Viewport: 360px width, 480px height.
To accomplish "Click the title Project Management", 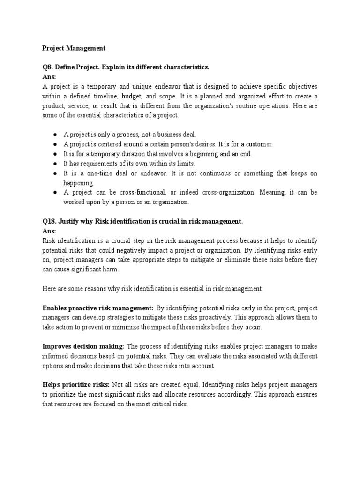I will click(x=74, y=48).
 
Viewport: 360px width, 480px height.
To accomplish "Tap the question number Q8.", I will click(x=49, y=67).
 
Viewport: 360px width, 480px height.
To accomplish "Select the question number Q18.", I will click(x=50, y=221).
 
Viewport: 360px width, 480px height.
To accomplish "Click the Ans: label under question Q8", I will click(x=49, y=77).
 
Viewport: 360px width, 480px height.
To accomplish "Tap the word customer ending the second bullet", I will click(x=259, y=144).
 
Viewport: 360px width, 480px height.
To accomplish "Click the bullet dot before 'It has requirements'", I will click(x=55, y=164).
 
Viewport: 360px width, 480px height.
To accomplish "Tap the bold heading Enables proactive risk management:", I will click(x=98, y=308).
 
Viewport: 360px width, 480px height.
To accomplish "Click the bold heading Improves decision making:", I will click(x=83, y=346).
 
